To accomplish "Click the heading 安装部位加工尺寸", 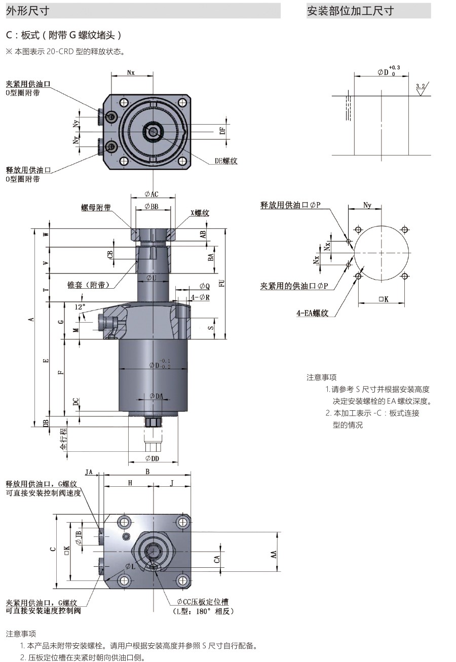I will (350, 11).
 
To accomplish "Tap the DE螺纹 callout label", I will (226, 161).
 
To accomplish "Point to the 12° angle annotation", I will (80, 307).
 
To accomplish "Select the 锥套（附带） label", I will (88, 285).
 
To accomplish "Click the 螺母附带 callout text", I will (96, 208).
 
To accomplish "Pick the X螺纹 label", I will (200, 213).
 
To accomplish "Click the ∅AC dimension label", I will (151, 194).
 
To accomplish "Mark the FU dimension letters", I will (221, 284).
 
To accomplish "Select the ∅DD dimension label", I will (152, 458).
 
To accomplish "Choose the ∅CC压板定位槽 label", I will (203, 602).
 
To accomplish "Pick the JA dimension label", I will (89, 472).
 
